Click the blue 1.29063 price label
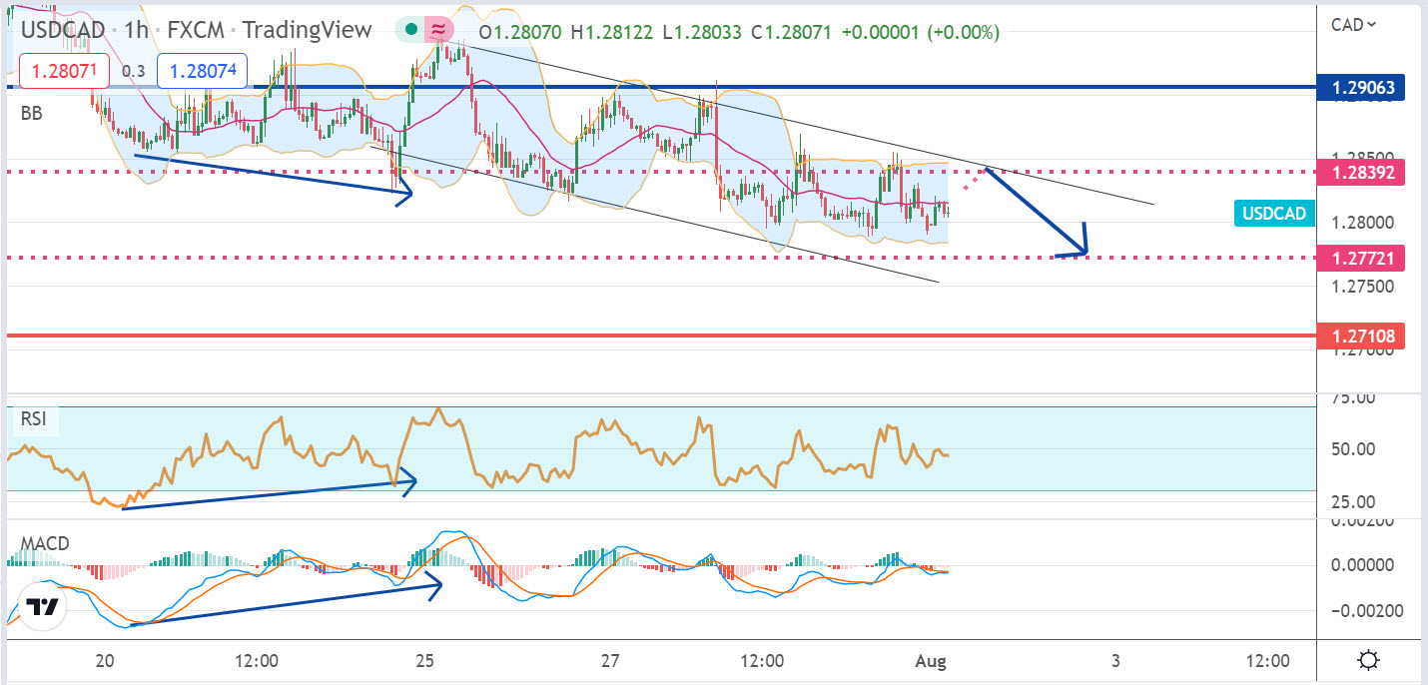1361,88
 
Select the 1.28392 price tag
1361,172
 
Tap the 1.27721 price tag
1361,259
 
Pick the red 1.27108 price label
1361,336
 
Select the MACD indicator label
45,544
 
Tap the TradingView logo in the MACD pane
42,607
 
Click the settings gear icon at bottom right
1369,660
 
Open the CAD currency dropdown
1354,25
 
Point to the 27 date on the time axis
611,661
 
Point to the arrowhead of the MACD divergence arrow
437,586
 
